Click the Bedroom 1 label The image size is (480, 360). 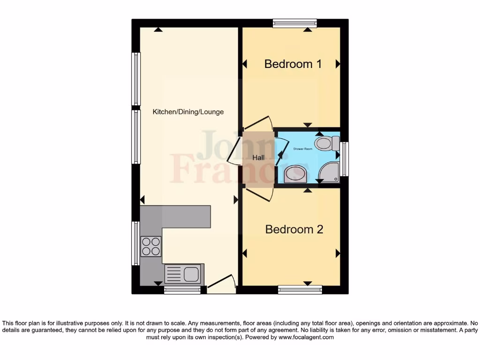[293, 64]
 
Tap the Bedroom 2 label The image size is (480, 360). [294, 229]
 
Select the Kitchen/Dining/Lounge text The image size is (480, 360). [188, 112]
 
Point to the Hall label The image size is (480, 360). [258, 158]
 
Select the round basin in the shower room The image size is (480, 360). [296, 173]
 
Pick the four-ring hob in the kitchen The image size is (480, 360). [151, 246]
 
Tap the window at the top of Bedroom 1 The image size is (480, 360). [295, 23]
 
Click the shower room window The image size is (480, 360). [345, 159]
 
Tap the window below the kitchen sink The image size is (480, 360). [182, 290]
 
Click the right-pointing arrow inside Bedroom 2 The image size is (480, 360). [337, 254]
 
